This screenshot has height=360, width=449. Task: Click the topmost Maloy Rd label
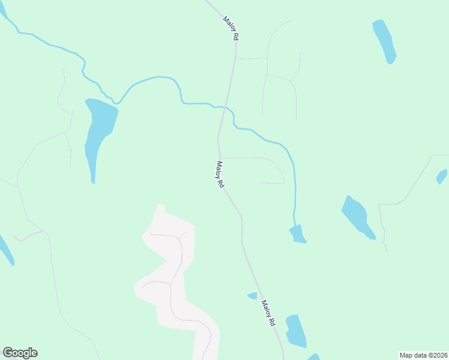[x=231, y=28]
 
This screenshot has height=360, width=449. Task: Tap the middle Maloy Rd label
[x=220, y=176]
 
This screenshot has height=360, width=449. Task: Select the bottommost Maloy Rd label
[x=268, y=313]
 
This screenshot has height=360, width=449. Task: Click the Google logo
[x=20, y=353]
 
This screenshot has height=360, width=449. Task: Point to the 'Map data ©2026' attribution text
[x=423, y=355]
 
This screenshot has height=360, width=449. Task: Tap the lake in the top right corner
[x=385, y=41]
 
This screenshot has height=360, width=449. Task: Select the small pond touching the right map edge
[x=442, y=176]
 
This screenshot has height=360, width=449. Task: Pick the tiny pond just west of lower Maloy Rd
[x=253, y=295]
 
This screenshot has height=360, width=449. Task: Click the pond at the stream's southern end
[x=298, y=234]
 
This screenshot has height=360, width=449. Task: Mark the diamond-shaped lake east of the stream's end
[x=358, y=217]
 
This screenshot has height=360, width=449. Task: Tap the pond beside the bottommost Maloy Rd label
[x=295, y=331]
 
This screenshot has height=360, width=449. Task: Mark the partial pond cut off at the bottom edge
[x=314, y=357]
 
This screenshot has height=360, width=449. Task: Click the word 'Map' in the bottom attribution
[x=407, y=355]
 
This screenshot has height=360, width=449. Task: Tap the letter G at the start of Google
[x=8, y=353]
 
